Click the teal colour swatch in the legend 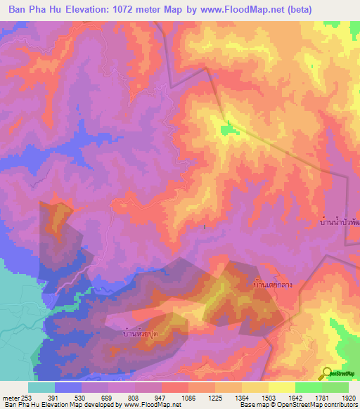point(41,387)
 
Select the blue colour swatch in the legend point(67,387)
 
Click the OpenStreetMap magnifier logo point(326,373)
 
